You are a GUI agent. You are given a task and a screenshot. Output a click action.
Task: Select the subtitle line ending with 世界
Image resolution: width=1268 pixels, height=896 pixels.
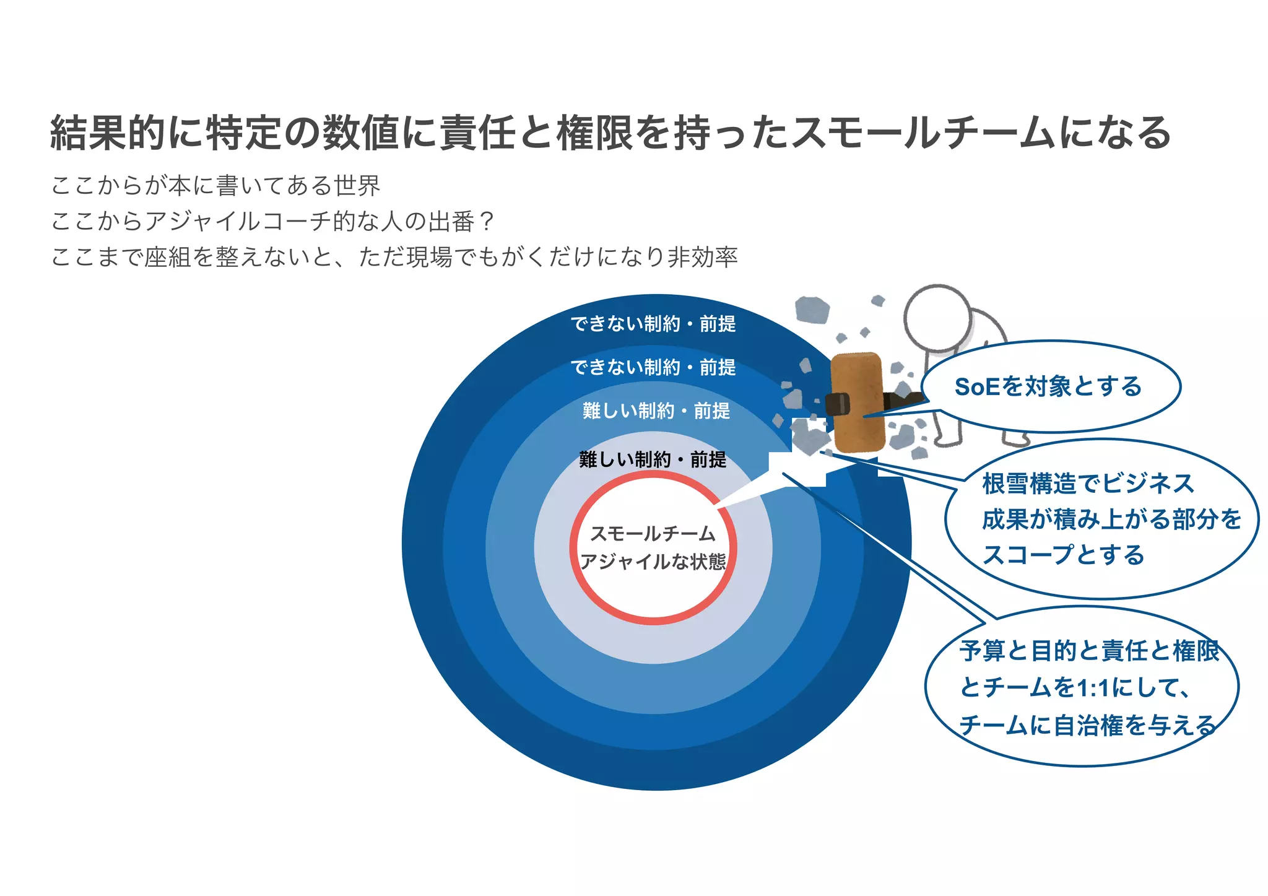point(215,185)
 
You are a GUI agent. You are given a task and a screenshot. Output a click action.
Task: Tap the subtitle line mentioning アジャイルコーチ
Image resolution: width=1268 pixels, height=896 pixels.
point(272,221)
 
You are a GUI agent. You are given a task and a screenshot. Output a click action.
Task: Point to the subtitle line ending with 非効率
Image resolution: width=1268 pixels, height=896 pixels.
point(394,257)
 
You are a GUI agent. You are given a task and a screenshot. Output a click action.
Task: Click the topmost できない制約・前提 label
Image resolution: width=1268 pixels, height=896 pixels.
point(653,324)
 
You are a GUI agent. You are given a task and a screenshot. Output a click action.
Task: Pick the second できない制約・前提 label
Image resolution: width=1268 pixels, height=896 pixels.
point(653,367)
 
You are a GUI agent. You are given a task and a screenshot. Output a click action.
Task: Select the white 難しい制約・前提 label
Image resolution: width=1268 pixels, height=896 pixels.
point(656,411)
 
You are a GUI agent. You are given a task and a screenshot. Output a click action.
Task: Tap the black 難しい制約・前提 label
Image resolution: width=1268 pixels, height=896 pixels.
point(653,459)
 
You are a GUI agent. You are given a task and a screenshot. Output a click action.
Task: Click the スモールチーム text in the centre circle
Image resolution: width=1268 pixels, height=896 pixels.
point(653,534)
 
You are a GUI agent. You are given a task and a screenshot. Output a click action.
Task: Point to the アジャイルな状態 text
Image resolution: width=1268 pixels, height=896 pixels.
point(653,562)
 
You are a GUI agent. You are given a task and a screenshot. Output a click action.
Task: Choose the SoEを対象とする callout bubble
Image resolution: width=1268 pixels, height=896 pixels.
point(1051,386)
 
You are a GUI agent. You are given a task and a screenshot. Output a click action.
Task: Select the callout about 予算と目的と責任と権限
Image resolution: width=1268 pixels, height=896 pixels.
point(1082,687)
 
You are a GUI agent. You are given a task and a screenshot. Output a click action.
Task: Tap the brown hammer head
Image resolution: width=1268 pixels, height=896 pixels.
point(858,402)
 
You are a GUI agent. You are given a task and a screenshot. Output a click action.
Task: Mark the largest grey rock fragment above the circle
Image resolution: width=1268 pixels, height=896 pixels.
point(812,310)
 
